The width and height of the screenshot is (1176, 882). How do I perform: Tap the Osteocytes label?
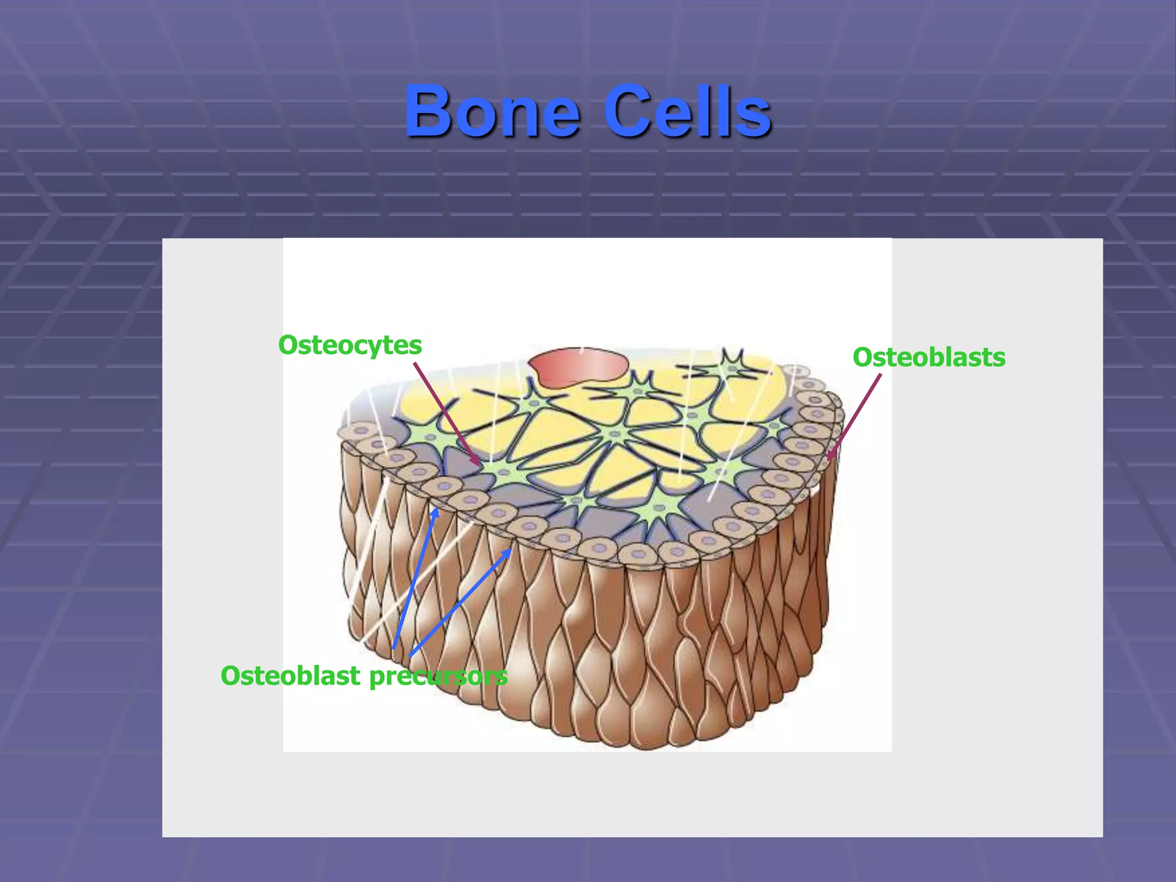click(x=350, y=345)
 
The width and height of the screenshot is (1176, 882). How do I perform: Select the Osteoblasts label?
click(x=929, y=357)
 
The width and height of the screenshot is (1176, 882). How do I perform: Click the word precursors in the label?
click(x=438, y=676)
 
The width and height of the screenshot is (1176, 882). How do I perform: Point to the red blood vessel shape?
click(x=577, y=366)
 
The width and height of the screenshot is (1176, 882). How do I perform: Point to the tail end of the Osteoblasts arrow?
click(x=880, y=376)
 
